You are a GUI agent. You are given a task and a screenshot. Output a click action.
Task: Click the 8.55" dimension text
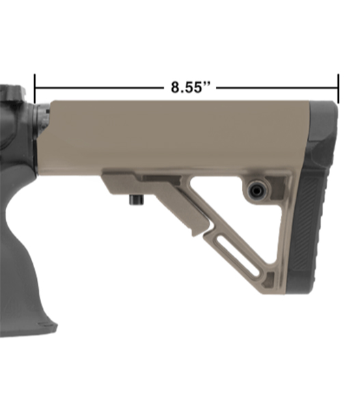(191, 87)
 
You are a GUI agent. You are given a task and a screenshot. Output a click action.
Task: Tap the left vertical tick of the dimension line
(35, 88)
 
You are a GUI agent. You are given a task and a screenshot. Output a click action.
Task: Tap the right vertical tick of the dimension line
(338, 88)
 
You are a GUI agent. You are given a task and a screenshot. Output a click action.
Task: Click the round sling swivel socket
(255, 189)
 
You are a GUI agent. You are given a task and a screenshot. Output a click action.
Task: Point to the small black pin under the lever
(136, 200)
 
